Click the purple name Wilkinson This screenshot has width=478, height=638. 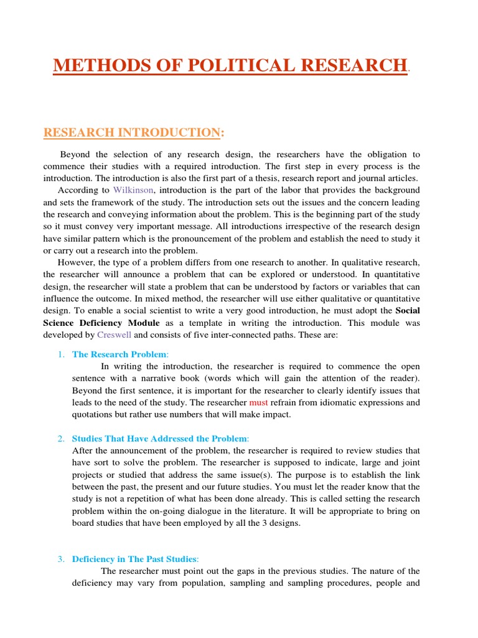(133, 189)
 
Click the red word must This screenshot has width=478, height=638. (258, 402)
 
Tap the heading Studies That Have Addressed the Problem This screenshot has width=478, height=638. (159, 438)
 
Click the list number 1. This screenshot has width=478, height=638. (61, 354)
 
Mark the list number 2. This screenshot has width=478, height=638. (61, 438)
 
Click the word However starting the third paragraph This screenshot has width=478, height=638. (77, 262)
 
